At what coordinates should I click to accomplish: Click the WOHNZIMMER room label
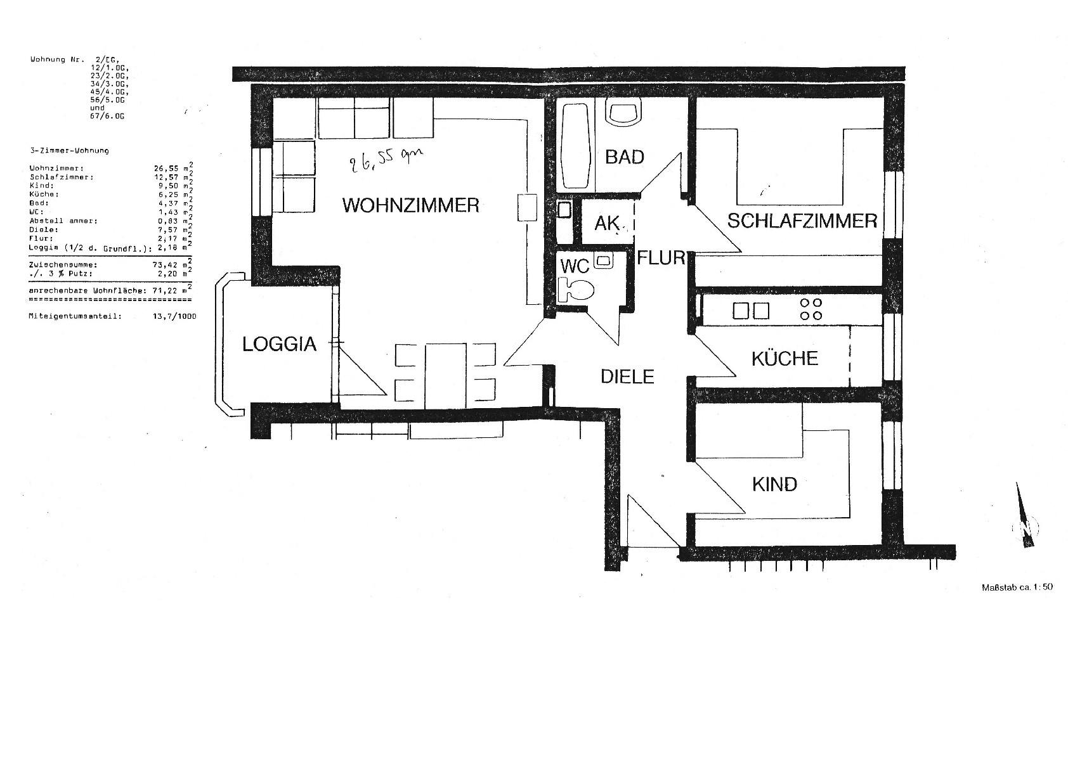tap(410, 205)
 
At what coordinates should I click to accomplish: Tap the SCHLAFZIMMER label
tap(802, 221)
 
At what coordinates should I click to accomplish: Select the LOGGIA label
tap(279, 344)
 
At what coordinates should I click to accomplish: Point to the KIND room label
tap(774, 485)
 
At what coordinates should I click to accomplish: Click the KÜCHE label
tap(785, 359)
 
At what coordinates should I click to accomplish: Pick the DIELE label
tap(627, 376)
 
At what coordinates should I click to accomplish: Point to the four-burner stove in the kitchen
tap(811, 309)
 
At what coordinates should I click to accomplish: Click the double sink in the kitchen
tap(751, 311)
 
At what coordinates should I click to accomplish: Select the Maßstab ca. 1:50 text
tap(1017, 587)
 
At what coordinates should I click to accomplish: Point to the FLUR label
tap(661, 257)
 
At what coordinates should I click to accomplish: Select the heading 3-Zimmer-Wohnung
tap(69, 151)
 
